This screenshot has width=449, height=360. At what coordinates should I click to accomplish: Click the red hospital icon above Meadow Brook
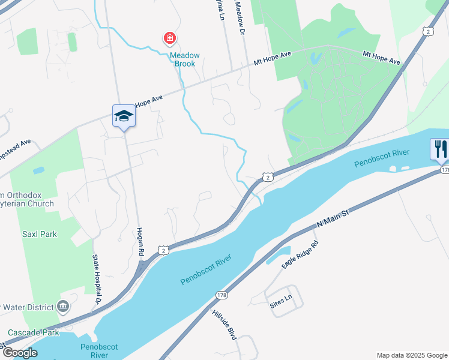click(x=170, y=39)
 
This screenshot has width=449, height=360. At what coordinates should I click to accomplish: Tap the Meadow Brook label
click(x=184, y=59)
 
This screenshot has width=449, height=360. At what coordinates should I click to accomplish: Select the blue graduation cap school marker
click(x=124, y=116)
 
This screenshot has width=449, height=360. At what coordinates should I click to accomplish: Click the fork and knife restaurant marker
click(x=440, y=148)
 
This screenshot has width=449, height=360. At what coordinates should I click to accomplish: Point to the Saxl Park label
click(x=40, y=234)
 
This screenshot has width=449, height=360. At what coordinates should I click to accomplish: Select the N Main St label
click(x=333, y=215)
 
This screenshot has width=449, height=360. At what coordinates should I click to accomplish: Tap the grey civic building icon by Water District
click(x=62, y=307)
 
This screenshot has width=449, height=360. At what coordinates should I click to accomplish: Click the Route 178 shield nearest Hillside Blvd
click(x=221, y=295)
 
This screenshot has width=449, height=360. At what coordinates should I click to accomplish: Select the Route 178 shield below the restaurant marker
click(x=444, y=170)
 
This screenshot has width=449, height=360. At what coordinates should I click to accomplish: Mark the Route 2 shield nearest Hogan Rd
click(x=163, y=249)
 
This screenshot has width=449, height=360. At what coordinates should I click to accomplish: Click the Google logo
click(x=19, y=353)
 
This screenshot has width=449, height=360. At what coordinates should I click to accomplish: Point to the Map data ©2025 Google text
click(x=412, y=355)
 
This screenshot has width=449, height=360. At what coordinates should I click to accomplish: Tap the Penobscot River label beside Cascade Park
click(x=99, y=351)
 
